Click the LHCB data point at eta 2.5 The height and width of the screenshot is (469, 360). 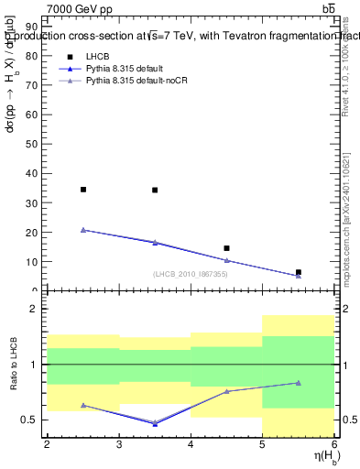[83, 190]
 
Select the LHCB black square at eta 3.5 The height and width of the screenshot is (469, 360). [155, 191]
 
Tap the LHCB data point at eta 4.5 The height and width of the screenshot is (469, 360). [226, 248]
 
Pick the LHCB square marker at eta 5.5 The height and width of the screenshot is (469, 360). [299, 272]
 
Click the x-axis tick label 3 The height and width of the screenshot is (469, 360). [119, 444]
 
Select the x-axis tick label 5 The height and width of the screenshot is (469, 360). [263, 444]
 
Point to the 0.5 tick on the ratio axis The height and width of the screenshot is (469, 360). [34, 420]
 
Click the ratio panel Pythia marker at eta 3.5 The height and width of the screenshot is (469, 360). [155, 423]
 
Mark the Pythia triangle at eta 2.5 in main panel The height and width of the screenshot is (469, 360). [83, 230]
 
